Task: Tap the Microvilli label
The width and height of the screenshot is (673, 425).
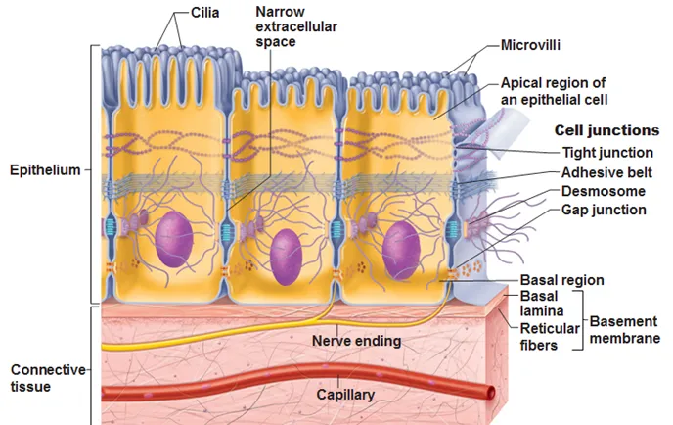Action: tap(534, 45)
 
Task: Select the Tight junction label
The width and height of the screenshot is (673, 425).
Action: tap(607, 152)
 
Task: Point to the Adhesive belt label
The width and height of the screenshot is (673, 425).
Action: tap(607, 172)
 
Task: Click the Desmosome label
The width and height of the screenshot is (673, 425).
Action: tap(602, 191)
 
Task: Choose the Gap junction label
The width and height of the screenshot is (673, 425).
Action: tap(604, 210)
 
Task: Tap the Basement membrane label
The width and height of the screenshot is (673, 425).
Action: tap(623, 330)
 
